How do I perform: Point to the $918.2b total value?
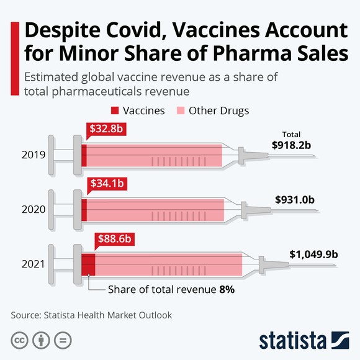point(291,145)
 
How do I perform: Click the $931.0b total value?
point(295,200)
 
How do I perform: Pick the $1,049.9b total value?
point(313,254)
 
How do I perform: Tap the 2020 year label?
point(33,210)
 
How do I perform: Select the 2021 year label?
point(33,265)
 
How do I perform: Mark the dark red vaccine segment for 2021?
point(88,265)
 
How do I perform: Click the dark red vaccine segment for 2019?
point(84,155)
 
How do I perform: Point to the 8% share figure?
point(227,289)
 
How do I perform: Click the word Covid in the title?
point(149,30)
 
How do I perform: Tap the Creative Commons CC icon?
point(20,340)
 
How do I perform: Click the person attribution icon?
point(41,340)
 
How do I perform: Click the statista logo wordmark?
point(292,340)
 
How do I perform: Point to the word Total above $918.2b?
point(291,134)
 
